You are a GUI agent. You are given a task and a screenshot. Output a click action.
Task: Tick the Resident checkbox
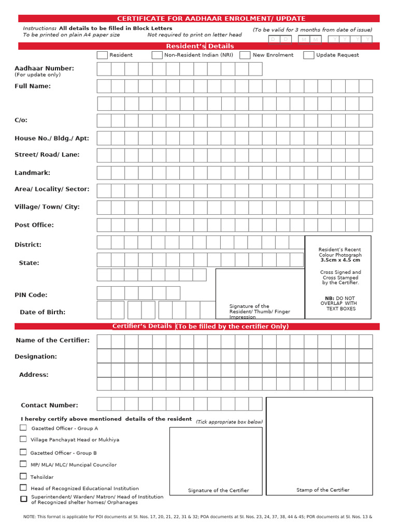[102, 55]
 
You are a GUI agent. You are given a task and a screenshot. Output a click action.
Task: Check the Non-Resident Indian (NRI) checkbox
[157, 55]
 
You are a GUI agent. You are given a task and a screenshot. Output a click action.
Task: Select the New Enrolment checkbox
[245, 55]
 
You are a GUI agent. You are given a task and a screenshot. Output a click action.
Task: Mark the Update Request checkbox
[308, 55]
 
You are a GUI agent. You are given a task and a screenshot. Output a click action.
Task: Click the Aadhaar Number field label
[44, 68]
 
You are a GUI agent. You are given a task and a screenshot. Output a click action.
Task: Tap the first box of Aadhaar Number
[104, 69]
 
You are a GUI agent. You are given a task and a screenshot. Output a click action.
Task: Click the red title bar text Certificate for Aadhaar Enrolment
[211, 19]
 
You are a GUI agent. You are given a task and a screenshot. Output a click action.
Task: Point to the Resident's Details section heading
[200, 46]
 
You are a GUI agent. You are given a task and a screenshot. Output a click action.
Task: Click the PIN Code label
[31, 295]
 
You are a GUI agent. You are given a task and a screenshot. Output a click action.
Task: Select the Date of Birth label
[42, 312]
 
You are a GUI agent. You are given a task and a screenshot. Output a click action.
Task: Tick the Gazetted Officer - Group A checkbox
[23, 428]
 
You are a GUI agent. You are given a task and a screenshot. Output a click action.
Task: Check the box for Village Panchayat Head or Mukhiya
[23, 439]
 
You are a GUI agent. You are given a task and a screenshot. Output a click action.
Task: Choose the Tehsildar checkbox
[23, 476]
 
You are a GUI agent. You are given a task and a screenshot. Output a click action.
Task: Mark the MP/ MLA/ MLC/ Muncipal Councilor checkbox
[23, 464]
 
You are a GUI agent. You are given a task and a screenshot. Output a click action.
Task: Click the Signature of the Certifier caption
[218, 490]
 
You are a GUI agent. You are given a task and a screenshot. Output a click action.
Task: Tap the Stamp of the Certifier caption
[323, 490]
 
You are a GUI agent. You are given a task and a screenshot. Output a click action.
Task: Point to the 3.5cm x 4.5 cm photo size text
[340, 260]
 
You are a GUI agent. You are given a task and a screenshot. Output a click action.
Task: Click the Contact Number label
[49, 405]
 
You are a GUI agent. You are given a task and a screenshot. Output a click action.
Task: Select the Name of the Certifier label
[52, 340]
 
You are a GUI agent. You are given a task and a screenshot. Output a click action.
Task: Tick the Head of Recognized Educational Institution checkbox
[23, 488]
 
